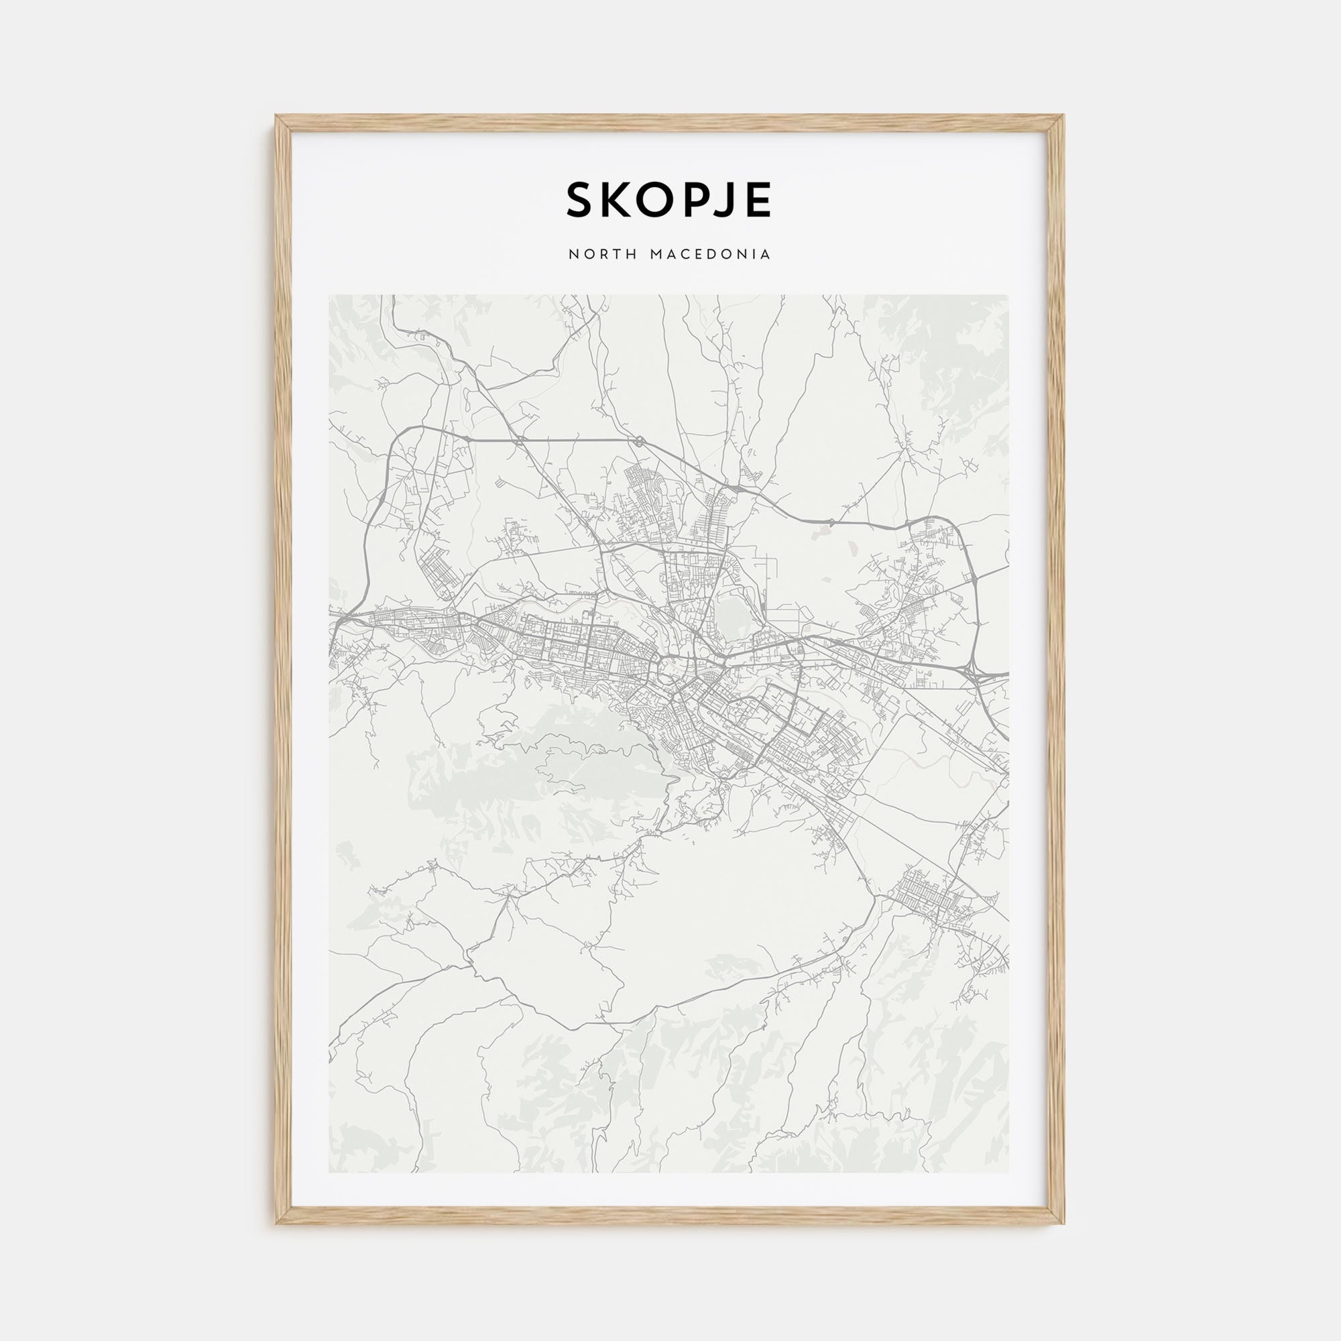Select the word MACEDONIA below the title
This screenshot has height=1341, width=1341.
coord(710,255)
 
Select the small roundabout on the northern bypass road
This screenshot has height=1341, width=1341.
coord(637,441)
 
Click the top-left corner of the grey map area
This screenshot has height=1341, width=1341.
coord(329,295)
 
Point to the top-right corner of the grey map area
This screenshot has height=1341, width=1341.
coord(1009,295)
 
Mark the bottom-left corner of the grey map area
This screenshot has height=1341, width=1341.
coord(329,1173)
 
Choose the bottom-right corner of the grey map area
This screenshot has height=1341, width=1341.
coord(1009,1173)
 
